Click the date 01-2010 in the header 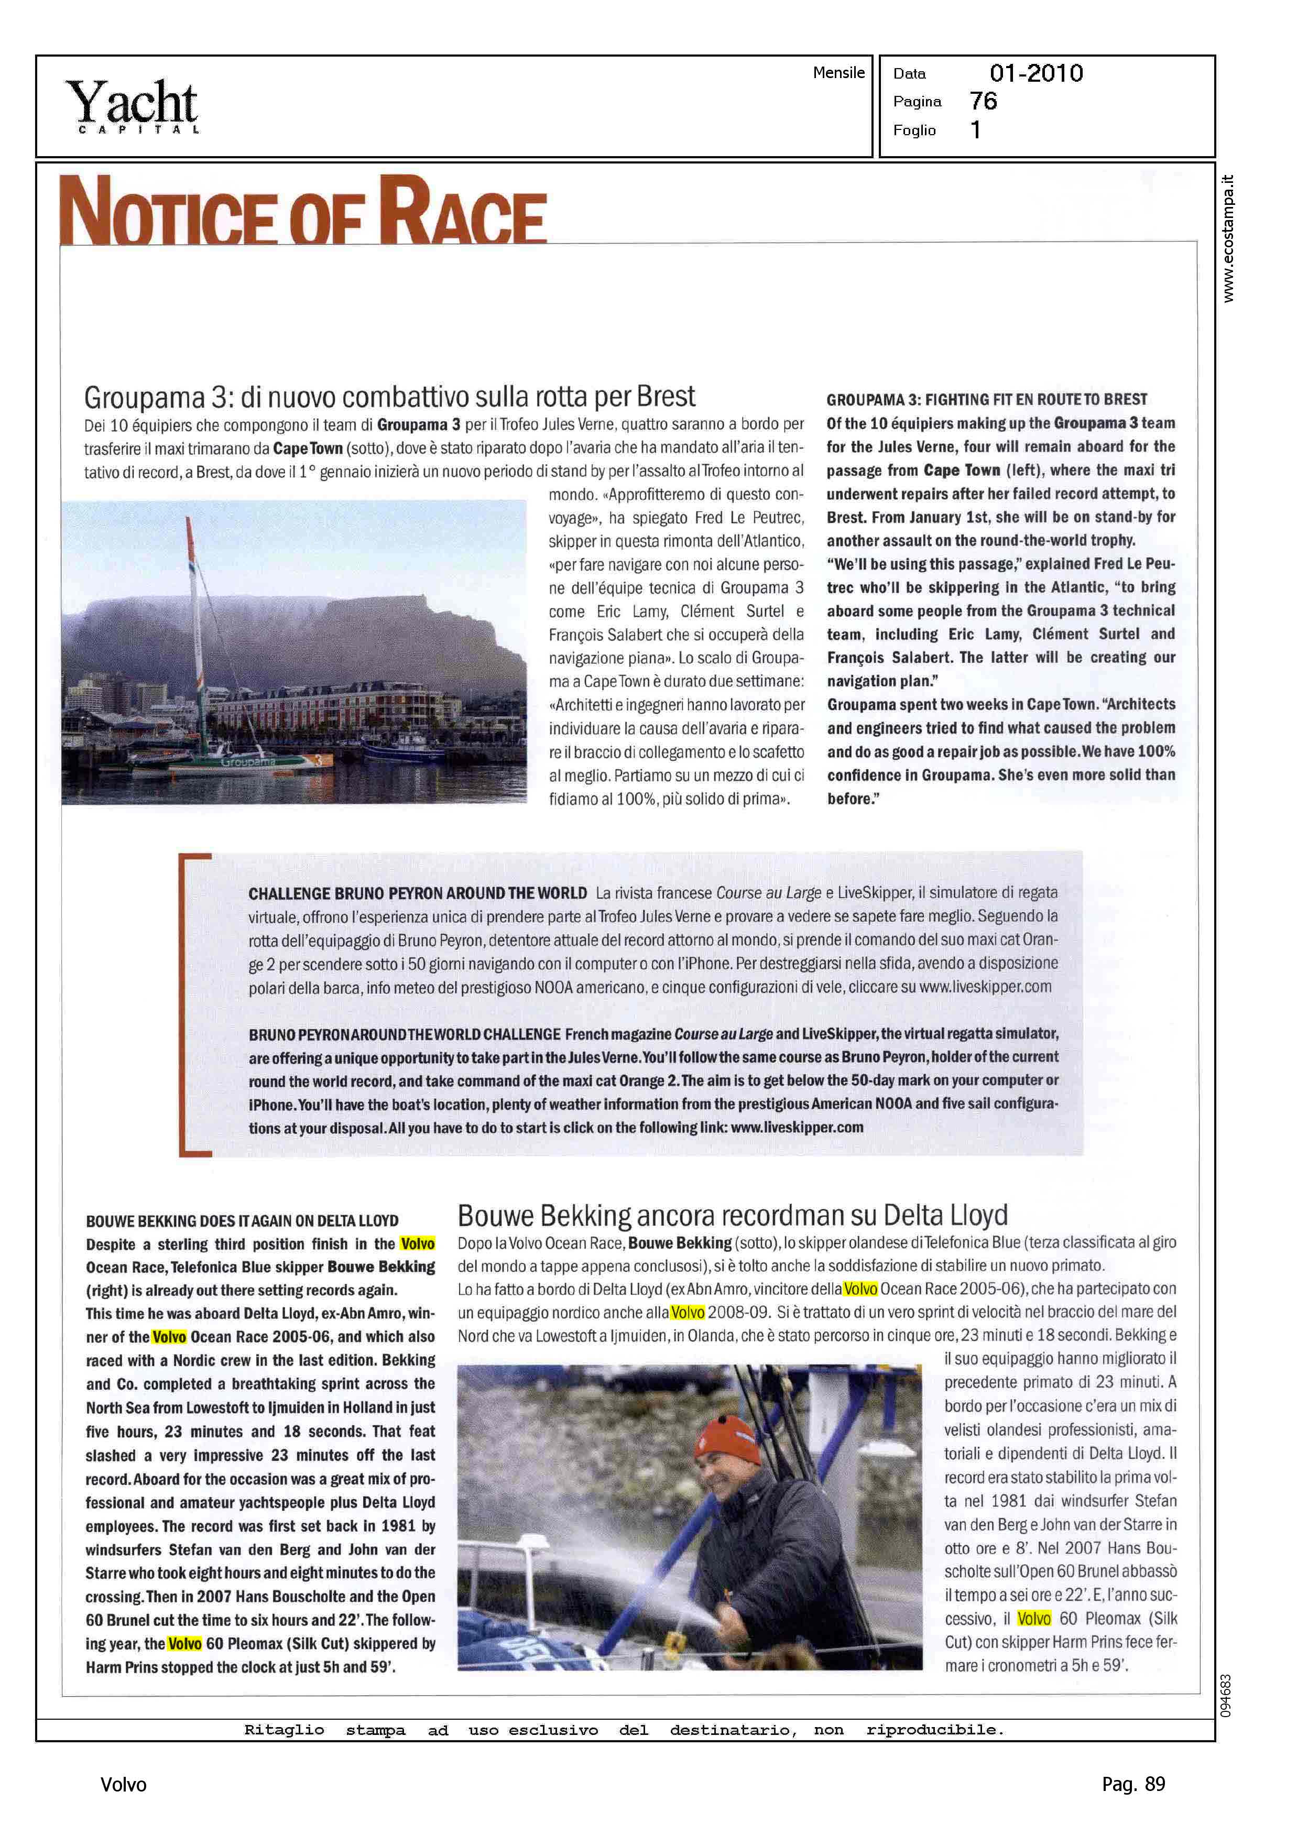click(x=1036, y=73)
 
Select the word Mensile click(x=838, y=72)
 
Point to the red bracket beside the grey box click(x=187, y=1003)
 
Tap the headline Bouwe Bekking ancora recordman click(x=732, y=1215)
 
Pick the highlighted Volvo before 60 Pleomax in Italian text click(x=1033, y=1619)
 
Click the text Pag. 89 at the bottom click(x=1132, y=1784)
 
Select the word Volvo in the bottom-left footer click(x=123, y=1785)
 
